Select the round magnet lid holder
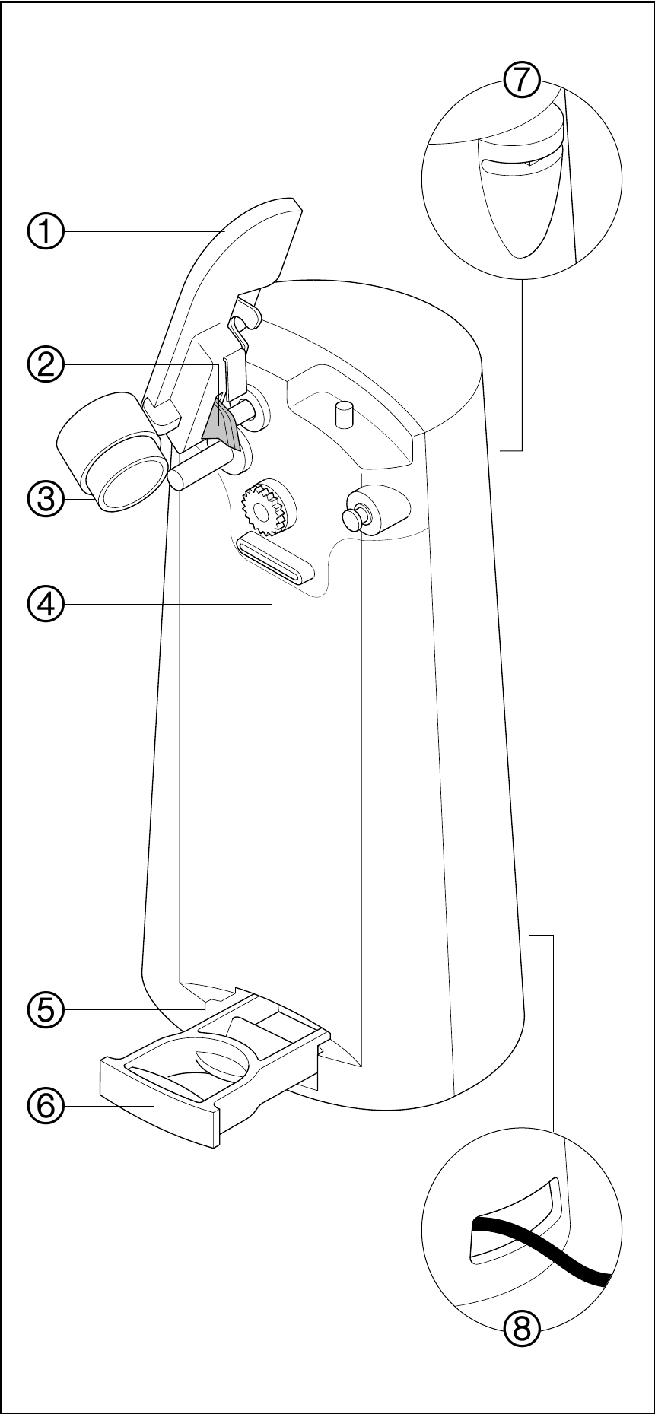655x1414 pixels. pyautogui.click(x=126, y=484)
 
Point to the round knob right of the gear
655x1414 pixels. pyautogui.click(x=355, y=517)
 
